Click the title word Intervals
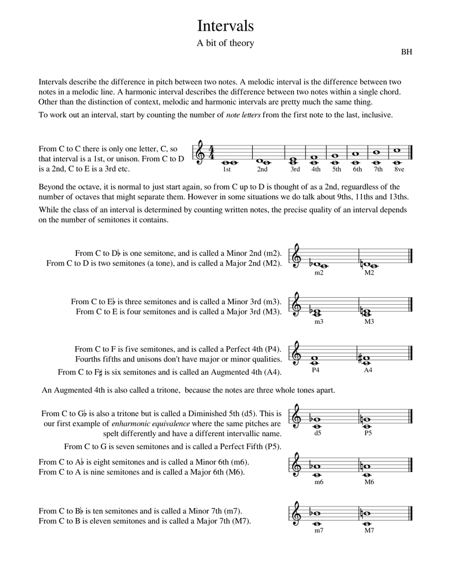[226, 26]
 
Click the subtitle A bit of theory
[226, 44]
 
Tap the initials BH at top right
[406, 52]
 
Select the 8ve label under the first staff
[399, 170]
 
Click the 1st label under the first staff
[227, 170]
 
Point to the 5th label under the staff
[336, 170]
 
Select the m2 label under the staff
[318, 273]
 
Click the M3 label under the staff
[369, 322]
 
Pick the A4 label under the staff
[368, 370]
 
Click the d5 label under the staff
[318, 433]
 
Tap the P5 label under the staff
[368, 433]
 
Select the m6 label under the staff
[318, 482]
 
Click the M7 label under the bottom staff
[369, 530]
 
